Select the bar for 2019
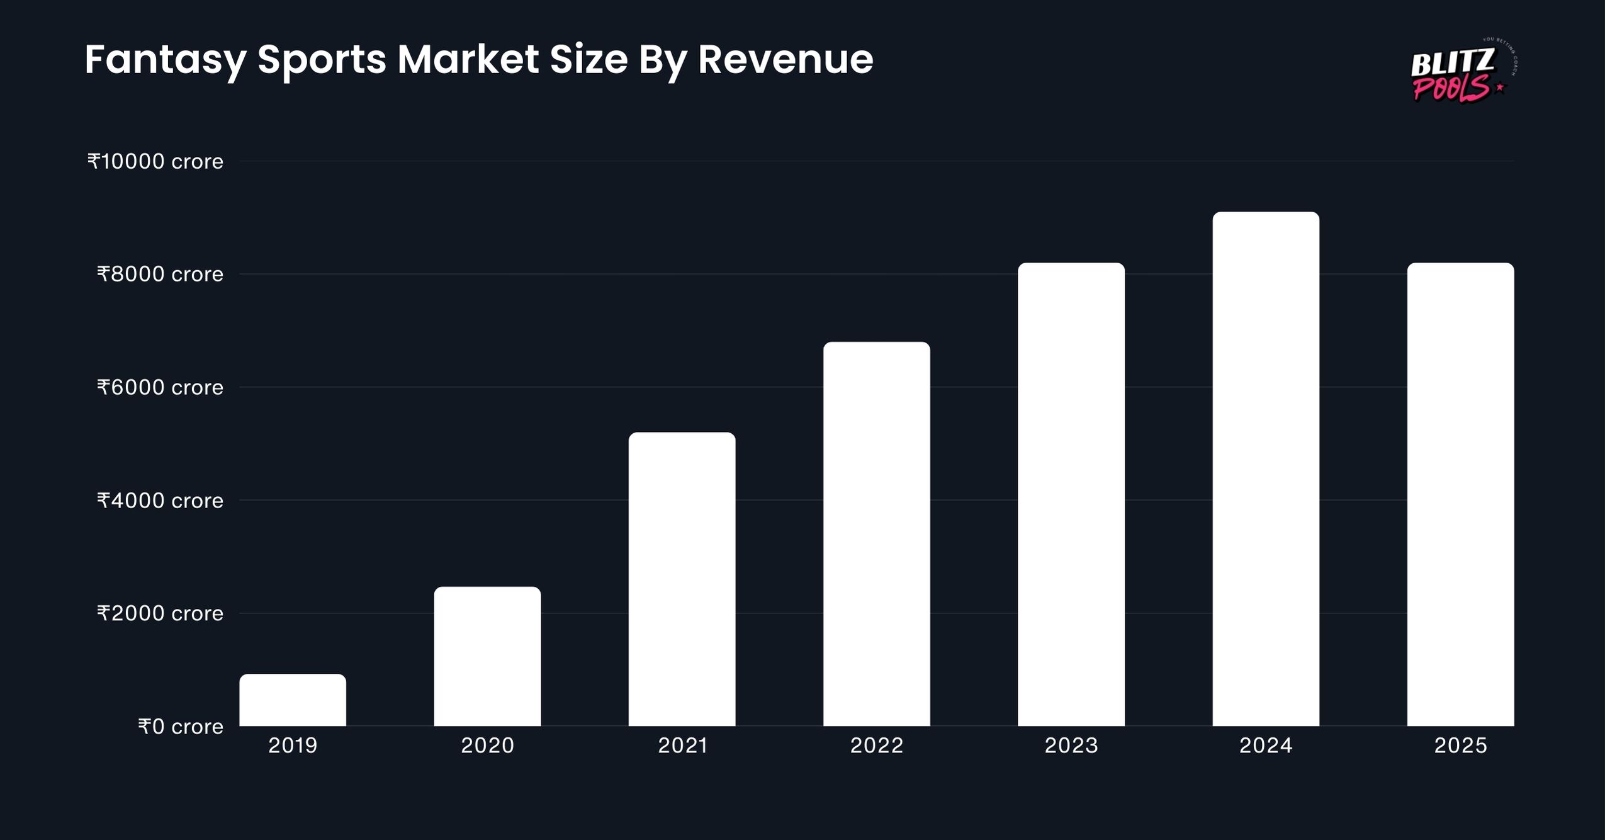pyautogui.click(x=293, y=700)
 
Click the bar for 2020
pyautogui.click(x=487, y=656)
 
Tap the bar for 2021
pyautogui.click(x=682, y=579)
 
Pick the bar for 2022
pyautogui.click(x=876, y=534)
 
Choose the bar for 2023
pyautogui.click(x=1071, y=494)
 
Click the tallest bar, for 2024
pyautogui.click(x=1266, y=469)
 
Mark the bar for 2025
pyautogui.click(x=1460, y=494)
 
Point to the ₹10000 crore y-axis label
pyautogui.click(x=155, y=162)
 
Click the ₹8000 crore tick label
pyautogui.click(x=160, y=275)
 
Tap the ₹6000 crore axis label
pyautogui.click(x=160, y=387)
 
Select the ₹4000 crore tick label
pyautogui.click(x=160, y=501)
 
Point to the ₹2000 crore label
pyautogui.click(x=160, y=613)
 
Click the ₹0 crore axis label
pyautogui.click(x=181, y=727)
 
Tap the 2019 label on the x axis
pyautogui.click(x=293, y=746)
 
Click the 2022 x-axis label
pyautogui.click(x=876, y=746)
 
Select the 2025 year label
pyautogui.click(x=1460, y=746)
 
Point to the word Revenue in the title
pyautogui.click(x=785, y=60)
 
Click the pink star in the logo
pyautogui.click(x=1500, y=88)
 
